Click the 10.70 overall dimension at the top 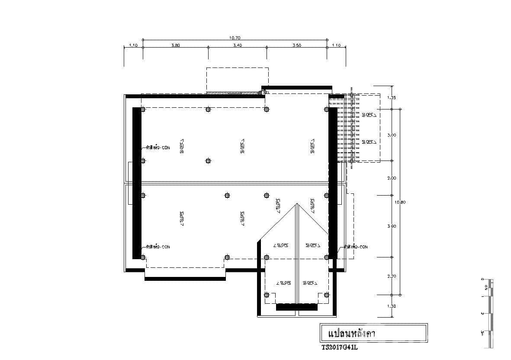(235, 38)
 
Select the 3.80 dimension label (175, 45)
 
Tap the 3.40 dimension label (238, 45)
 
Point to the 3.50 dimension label (297, 45)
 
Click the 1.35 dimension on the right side (391, 98)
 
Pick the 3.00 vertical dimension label (391, 135)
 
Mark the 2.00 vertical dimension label (391, 178)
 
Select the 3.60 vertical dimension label (391, 226)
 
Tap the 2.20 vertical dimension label (391, 276)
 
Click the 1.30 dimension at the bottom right (391, 306)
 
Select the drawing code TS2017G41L (340, 347)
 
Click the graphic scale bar (490, 313)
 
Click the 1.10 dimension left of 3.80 (133, 45)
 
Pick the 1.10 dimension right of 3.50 (336, 45)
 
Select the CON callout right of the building (357, 247)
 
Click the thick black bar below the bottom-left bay (185, 279)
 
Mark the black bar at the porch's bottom (296, 307)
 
